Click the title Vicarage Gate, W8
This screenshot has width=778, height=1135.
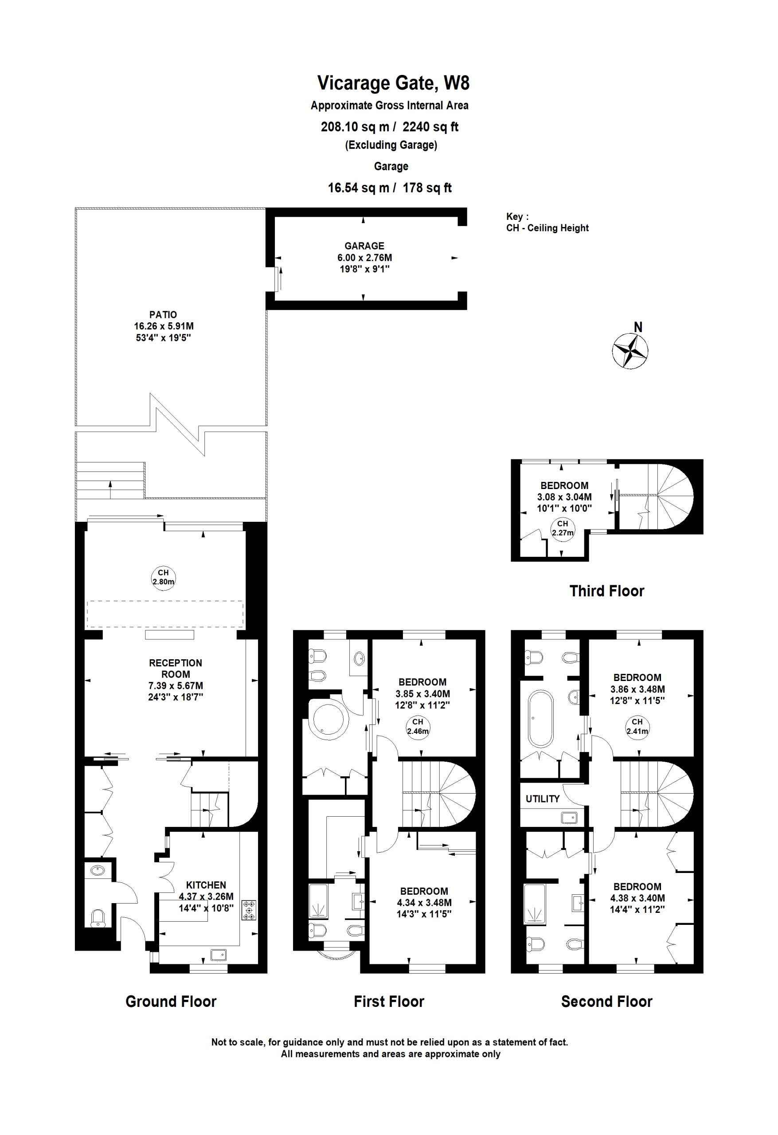click(393, 83)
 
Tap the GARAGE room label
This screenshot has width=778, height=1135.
click(364, 246)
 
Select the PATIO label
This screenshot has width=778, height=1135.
click(163, 314)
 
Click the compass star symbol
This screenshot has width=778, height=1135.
click(630, 350)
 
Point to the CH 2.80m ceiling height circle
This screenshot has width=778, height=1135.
click(163, 577)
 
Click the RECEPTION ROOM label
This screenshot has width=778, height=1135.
click(176, 668)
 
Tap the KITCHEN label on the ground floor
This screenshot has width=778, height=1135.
click(206, 885)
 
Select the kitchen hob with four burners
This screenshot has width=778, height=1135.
click(249, 910)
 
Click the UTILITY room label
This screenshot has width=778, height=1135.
click(543, 799)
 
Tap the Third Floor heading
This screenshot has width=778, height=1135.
click(606, 591)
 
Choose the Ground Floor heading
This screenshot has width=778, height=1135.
click(171, 1001)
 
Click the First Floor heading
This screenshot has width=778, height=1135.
click(389, 1001)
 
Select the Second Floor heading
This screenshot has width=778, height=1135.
click(606, 1001)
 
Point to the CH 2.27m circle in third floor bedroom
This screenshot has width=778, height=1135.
click(563, 528)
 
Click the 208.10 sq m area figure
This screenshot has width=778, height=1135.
click(355, 127)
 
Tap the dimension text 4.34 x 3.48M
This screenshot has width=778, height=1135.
click(424, 903)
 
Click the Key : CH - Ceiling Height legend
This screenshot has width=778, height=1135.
click(547, 222)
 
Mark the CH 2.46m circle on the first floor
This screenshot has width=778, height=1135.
click(418, 727)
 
